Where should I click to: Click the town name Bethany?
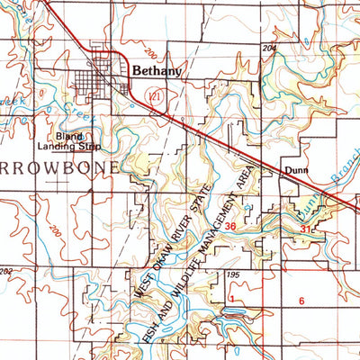[157, 67]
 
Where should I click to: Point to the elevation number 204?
[270, 47]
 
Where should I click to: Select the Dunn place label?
[296, 167]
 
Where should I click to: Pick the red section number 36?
[233, 226]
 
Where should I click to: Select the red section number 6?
[302, 300]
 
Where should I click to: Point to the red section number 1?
[231, 298]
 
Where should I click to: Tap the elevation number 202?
[7, 270]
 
